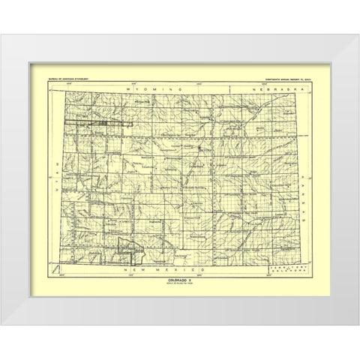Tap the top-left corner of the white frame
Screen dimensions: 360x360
coord(17,46)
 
